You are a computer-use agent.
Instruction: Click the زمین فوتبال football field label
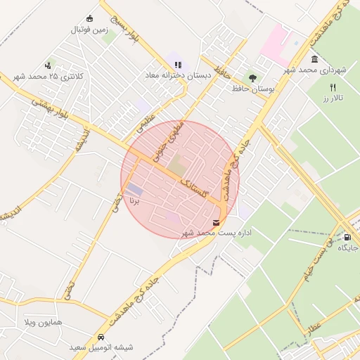88,30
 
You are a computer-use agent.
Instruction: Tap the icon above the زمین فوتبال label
89,18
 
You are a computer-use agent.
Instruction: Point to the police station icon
48,65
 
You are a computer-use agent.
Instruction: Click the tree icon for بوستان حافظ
252,77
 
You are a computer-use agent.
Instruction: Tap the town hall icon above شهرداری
314,59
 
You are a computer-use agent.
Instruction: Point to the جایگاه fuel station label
347,248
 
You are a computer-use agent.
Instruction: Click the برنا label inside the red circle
134,200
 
